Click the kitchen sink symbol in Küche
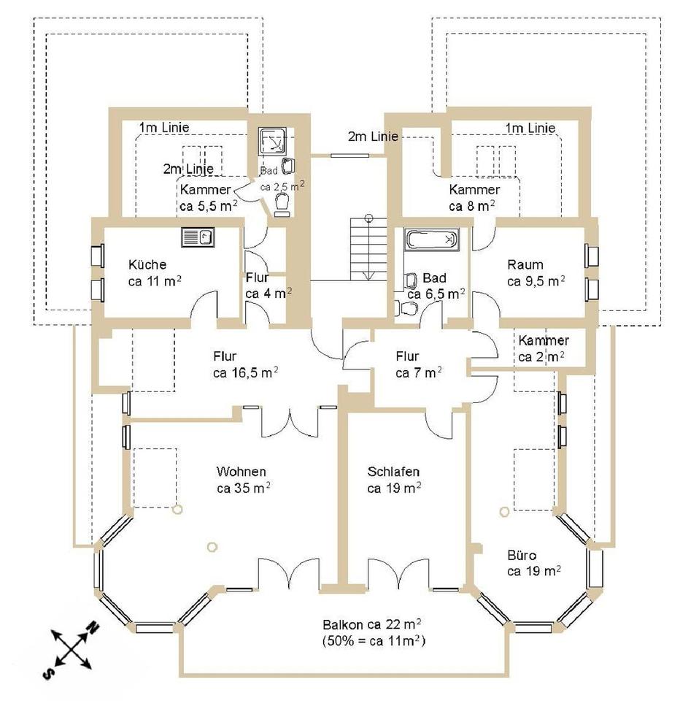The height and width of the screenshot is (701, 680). pos(197,237)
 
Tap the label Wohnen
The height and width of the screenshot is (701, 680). pos(241,471)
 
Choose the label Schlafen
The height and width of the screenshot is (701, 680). pos(393,471)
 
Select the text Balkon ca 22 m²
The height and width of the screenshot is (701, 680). pos(374,625)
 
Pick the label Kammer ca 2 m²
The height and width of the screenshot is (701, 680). pos(543,348)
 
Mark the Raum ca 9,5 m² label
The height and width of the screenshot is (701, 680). pos(536,272)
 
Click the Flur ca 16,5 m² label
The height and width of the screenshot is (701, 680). pos(244,364)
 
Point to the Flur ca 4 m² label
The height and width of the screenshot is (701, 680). pos(268,285)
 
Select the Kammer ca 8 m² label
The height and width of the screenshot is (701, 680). pos(474,197)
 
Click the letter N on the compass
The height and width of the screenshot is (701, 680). pos(93,627)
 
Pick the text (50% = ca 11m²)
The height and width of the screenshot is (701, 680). pos(374,642)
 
